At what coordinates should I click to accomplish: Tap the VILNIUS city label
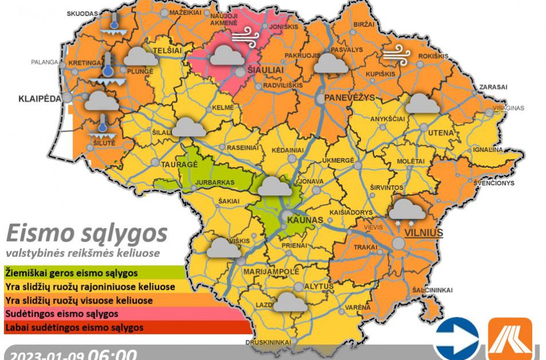424,233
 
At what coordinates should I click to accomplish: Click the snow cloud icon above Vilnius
407,210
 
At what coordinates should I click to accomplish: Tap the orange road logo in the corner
510,339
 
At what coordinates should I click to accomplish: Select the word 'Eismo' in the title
40,235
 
